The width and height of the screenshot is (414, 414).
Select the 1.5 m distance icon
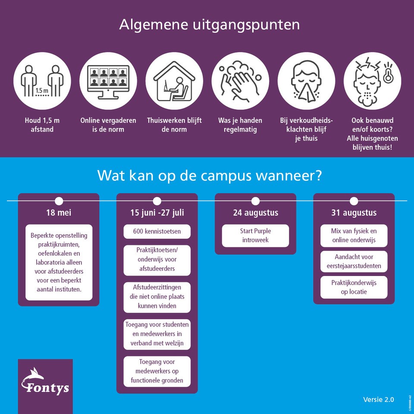click(x=42, y=81)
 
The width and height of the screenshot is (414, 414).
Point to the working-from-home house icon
click(x=174, y=81)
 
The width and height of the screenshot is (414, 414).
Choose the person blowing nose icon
click(x=306, y=81)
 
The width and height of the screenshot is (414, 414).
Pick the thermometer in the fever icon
click(x=388, y=73)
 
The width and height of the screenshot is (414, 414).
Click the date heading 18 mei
click(x=59, y=213)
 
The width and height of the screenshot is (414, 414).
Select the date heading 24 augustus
click(x=256, y=213)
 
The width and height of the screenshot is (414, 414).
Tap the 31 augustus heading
click(x=354, y=213)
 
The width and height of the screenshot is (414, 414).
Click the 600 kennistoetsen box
click(x=157, y=232)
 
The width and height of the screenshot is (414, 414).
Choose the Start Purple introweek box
click(x=256, y=235)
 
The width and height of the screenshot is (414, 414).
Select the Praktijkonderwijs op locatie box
click(x=354, y=287)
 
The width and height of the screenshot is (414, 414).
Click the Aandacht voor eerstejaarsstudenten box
click(x=354, y=261)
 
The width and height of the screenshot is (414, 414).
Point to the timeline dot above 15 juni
click(x=157, y=201)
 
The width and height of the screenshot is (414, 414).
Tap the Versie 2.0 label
click(x=378, y=399)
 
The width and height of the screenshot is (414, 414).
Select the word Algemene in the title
click(x=154, y=25)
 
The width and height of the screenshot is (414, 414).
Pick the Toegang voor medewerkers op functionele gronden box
click(x=157, y=371)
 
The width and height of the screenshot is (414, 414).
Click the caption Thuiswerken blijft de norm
click(x=174, y=125)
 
